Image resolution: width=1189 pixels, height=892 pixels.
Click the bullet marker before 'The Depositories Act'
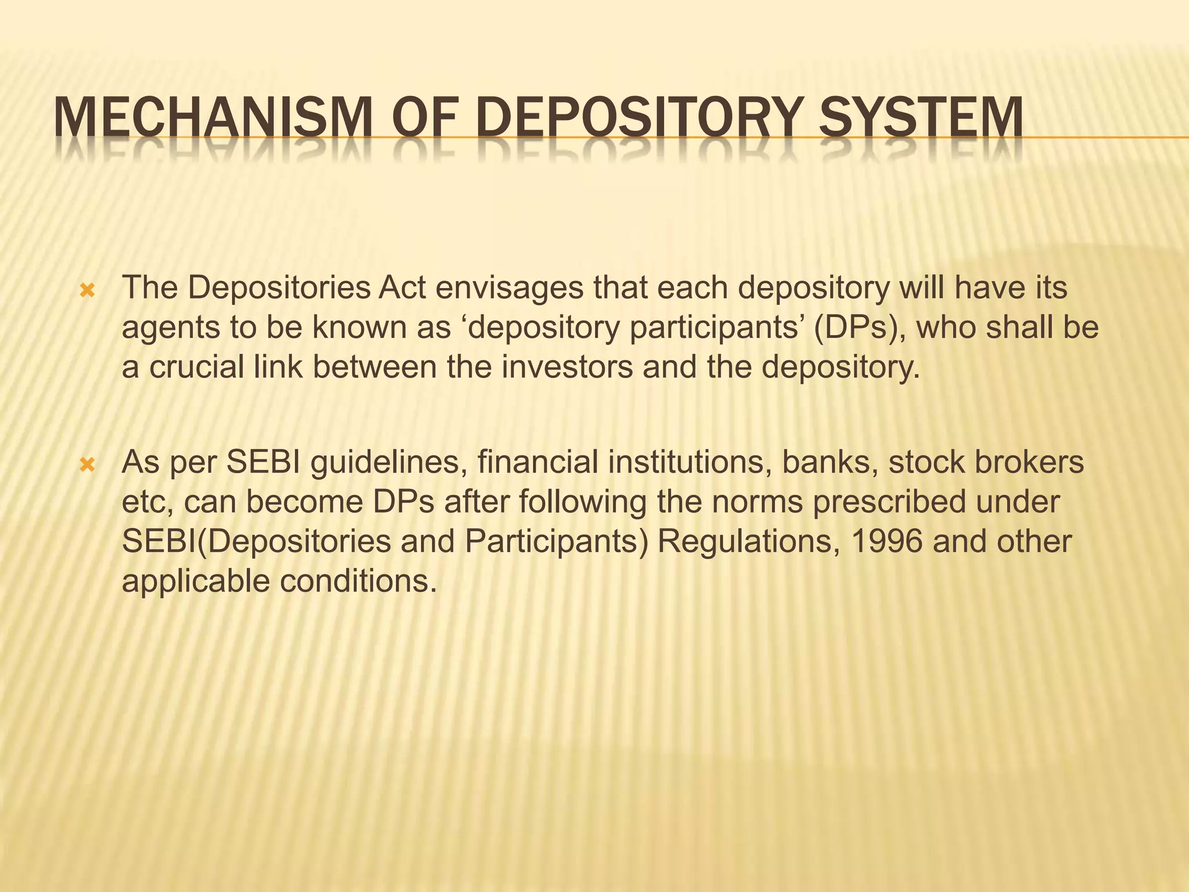pyautogui.click(x=87, y=290)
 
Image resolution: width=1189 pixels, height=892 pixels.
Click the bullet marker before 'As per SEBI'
pyautogui.click(x=87, y=465)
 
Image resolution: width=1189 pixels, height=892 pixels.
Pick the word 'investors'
pyautogui.click(x=567, y=367)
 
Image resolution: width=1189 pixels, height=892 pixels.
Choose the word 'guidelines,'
pyautogui.click(x=389, y=463)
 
